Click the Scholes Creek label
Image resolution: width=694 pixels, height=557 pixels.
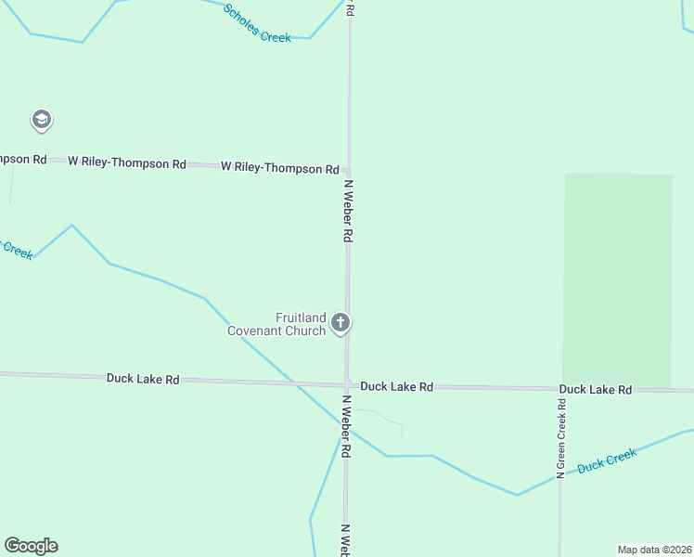pyautogui.click(x=257, y=23)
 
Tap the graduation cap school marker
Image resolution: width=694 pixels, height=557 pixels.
pyautogui.click(x=41, y=120)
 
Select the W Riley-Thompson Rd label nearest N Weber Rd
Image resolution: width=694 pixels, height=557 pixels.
pyautogui.click(x=279, y=168)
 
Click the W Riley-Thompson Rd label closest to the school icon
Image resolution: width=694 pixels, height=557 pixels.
pyautogui.click(x=127, y=162)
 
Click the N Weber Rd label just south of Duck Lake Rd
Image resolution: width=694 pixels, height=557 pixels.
pyautogui.click(x=345, y=426)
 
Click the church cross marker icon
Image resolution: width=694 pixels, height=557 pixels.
pyautogui.click(x=341, y=323)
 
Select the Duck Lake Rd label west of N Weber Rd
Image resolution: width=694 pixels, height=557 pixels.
pyautogui.click(x=143, y=379)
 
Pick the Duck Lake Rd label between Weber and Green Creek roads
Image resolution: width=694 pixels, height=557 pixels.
pyautogui.click(x=396, y=386)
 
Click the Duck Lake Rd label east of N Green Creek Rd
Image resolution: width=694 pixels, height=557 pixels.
pyautogui.click(x=595, y=390)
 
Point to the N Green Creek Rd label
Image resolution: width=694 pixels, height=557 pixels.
pyautogui.click(x=560, y=438)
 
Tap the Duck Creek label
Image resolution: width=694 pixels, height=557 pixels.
pyautogui.click(x=607, y=460)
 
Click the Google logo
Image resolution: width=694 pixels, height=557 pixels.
pyautogui.click(x=31, y=546)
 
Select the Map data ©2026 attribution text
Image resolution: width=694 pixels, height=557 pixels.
pyautogui.click(x=654, y=549)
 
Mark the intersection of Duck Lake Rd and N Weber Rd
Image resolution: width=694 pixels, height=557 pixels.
pyautogui.click(x=346, y=384)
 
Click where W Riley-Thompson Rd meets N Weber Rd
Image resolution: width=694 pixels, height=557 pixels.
pyautogui.click(x=348, y=170)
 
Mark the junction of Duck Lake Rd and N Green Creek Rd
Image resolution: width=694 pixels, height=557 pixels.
pyautogui.click(x=560, y=390)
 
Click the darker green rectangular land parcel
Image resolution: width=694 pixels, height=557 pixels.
pyautogui.click(x=617, y=278)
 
